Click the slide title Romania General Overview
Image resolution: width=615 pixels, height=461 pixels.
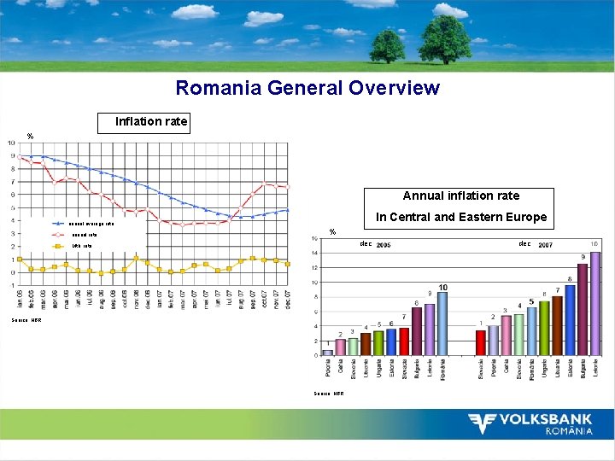click(x=307, y=88)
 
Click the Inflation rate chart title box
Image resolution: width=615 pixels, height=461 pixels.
click(x=151, y=122)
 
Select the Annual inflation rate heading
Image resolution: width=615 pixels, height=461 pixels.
click(x=460, y=195)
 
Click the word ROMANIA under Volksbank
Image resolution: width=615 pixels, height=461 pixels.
click(x=569, y=431)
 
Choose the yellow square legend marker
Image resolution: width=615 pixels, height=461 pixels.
click(x=58, y=246)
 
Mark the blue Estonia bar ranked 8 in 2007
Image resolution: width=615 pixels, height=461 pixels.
click(x=570, y=320)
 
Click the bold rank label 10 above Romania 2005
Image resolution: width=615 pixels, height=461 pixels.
click(x=442, y=287)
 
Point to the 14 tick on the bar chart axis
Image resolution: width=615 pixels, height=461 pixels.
click(x=315, y=253)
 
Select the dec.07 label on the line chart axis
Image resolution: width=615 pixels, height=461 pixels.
click(x=288, y=299)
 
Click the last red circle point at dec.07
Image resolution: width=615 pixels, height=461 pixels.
click(x=288, y=186)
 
